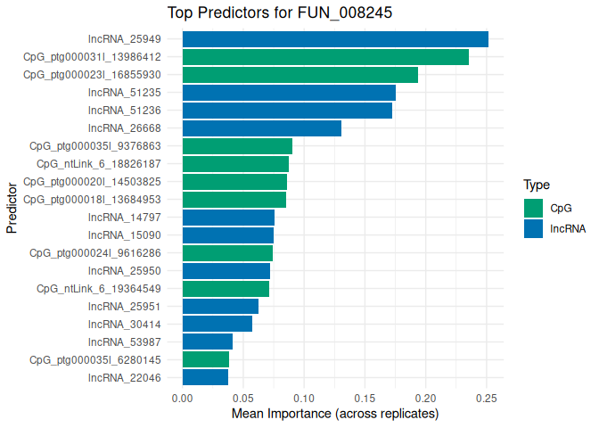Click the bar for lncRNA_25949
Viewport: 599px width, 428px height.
(x=335, y=39)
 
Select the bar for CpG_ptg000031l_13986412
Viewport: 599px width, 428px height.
(x=325, y=57)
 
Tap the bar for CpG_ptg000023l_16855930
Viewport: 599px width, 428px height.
(x=300, y=75)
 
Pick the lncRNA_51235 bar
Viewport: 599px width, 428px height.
(x=289, y=93)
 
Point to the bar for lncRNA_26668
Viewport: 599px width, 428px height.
(x=262, y=128)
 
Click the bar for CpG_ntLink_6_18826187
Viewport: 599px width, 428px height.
(x=235, y=164)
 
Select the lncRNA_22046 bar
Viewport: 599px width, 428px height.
(x=205, y=378)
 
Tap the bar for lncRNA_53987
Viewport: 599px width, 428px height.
(x=208, y=342)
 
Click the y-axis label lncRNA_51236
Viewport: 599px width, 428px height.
(x=124, y=111)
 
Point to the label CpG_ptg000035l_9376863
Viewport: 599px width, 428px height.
(x=95, y=146)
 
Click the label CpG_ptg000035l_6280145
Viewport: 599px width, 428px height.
(x=95, y=360)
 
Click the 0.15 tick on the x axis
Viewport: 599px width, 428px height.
(x=365, y=398)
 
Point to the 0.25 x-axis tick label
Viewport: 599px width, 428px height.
(x=487, y=398)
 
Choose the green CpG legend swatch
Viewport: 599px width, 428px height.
(x=534, y=208)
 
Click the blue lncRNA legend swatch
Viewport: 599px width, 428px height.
(x=534, y=228)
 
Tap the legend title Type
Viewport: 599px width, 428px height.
(x=537, y=185)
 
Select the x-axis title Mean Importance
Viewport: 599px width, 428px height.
(x=335, y=415)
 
